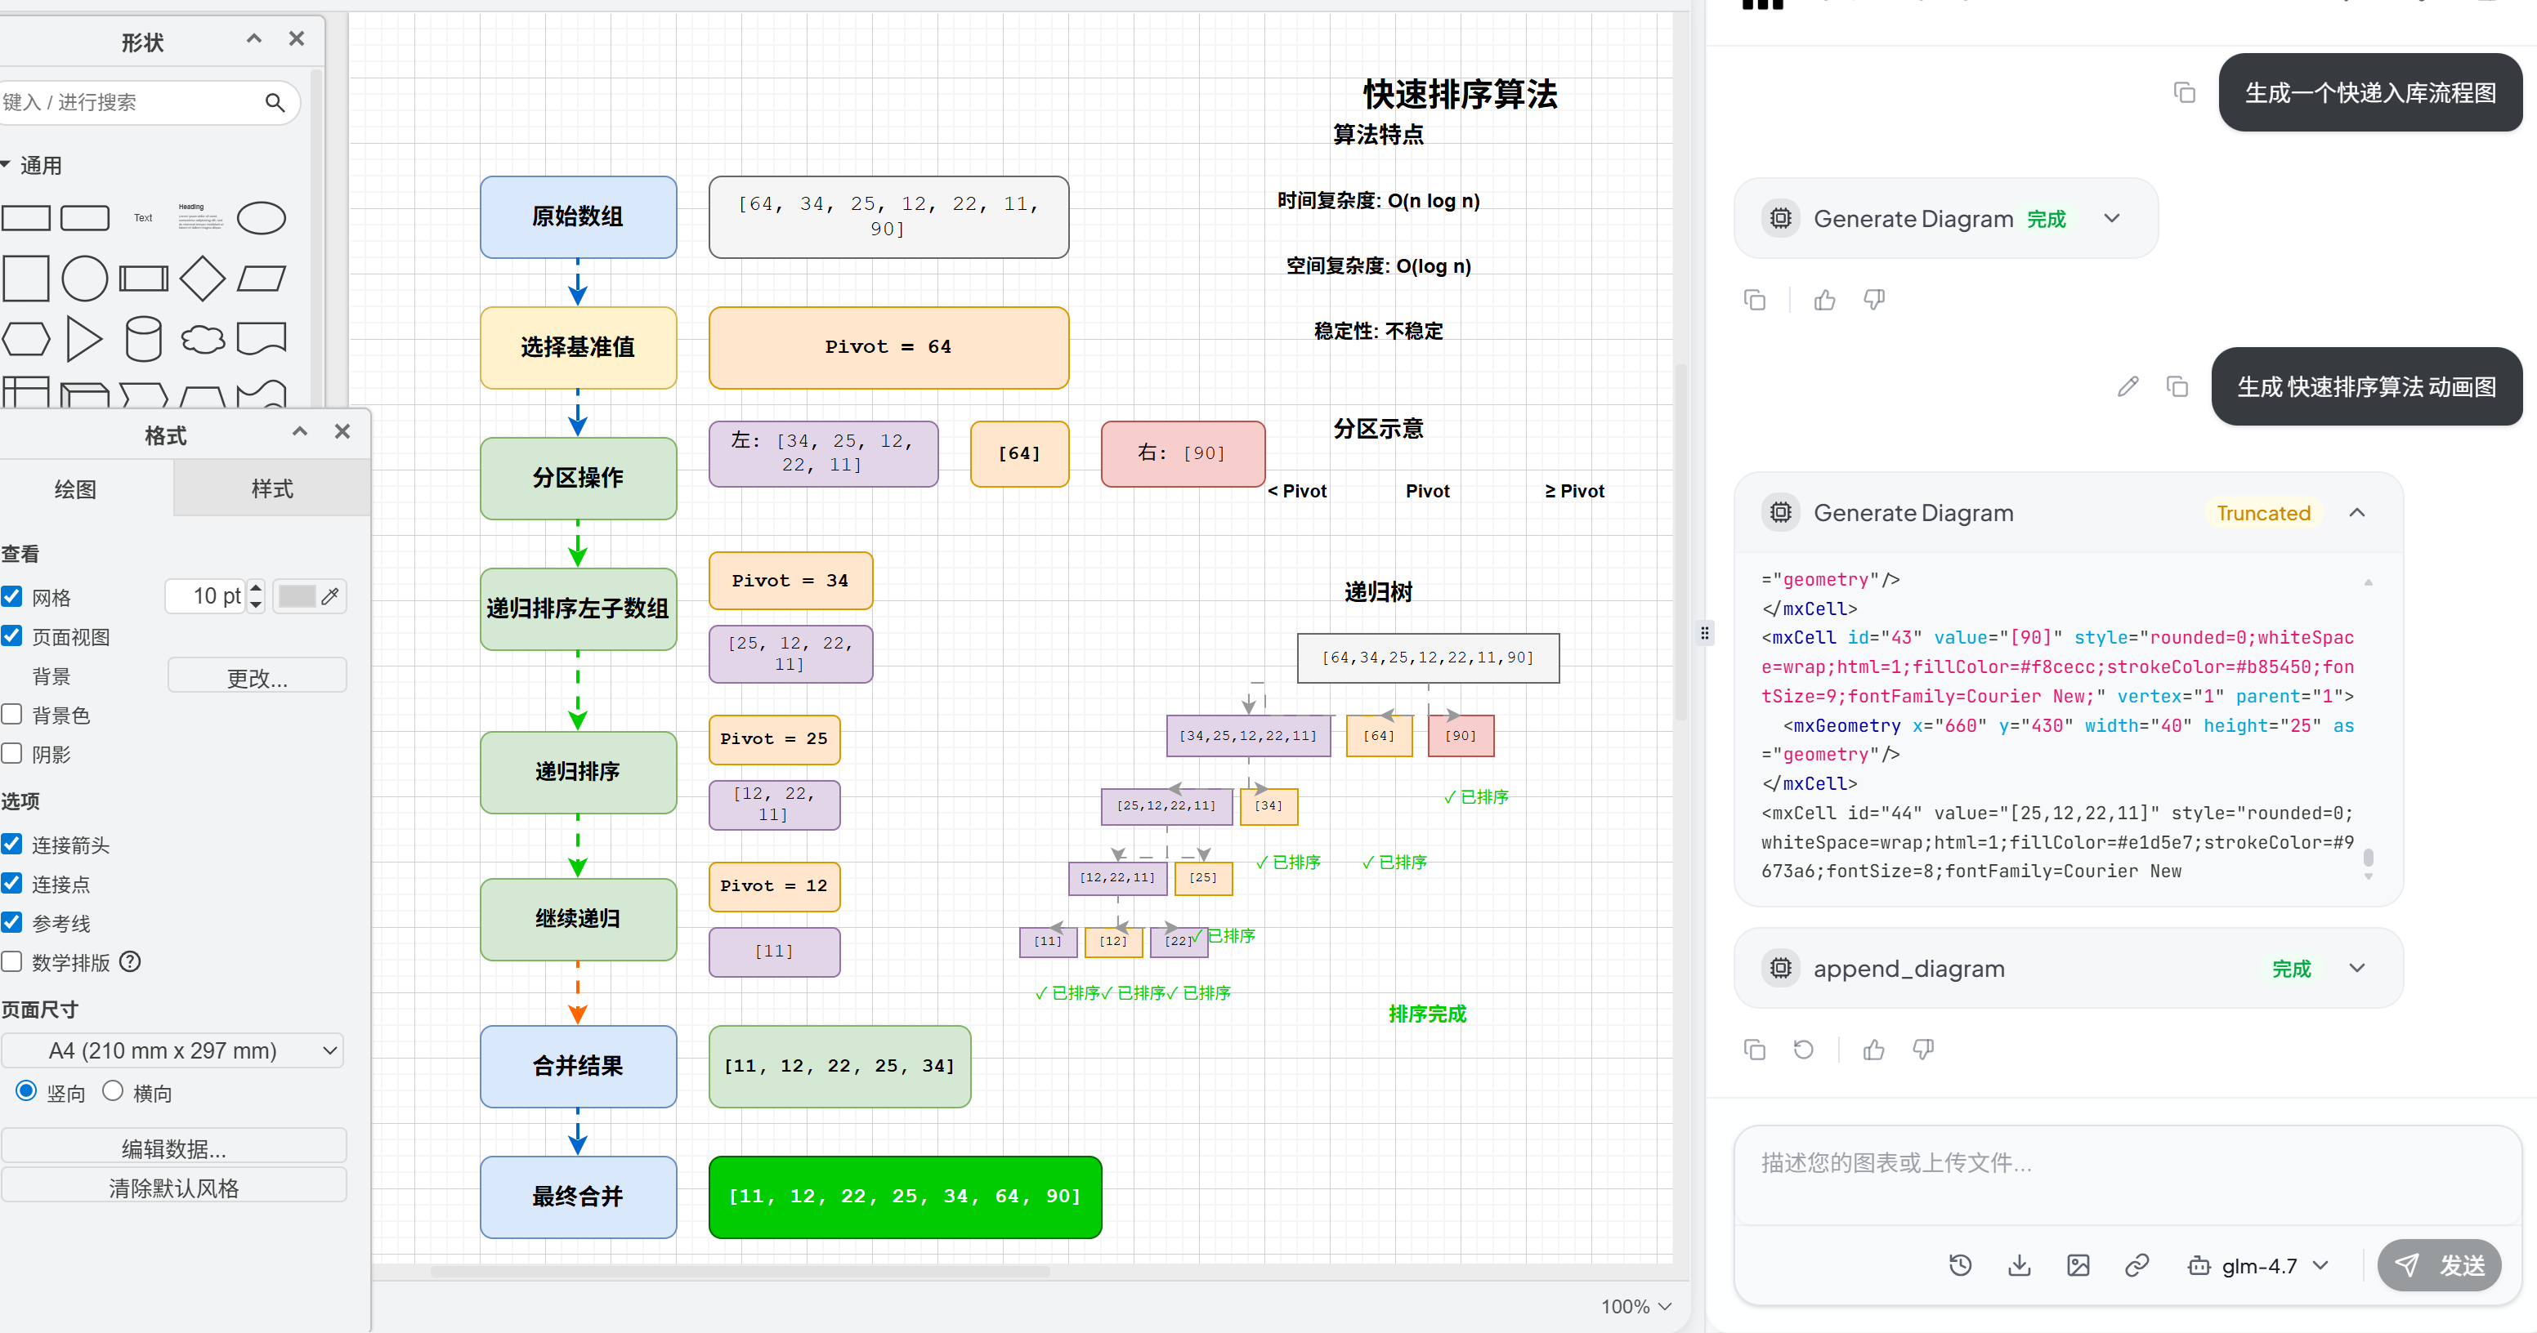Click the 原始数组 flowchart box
point(578,216)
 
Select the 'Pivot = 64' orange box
point(888,347)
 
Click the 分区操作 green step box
point(578,479)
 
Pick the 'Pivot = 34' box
point(790,581)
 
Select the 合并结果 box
point(578,1066)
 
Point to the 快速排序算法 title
point(1460,95)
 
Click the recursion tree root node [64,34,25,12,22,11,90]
point(1428,658)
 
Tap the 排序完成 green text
point(1427,1014)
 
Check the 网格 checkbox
point(11,596)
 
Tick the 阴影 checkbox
point(11,754)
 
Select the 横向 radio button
point(114,1090)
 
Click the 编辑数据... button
point(173,1148)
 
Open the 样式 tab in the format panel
point(272,489)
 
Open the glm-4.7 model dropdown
point(2258,1266)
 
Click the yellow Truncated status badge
point(2263,513)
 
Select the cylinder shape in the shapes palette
point(144,340)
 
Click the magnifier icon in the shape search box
point(275,102)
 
